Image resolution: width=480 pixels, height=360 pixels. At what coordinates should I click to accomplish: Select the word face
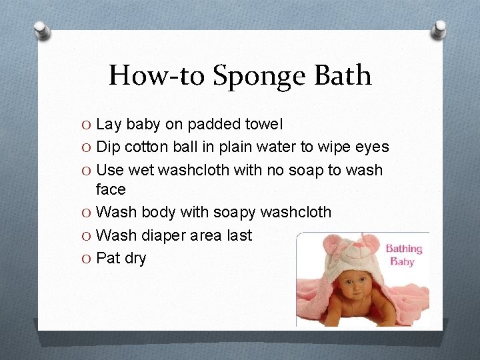point(111,189)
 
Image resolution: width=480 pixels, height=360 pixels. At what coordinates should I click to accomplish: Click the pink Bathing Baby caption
point(403,255)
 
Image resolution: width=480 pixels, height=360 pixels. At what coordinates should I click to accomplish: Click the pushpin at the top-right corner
point(439,28)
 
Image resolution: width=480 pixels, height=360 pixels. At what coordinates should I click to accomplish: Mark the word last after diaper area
point(239,235)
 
